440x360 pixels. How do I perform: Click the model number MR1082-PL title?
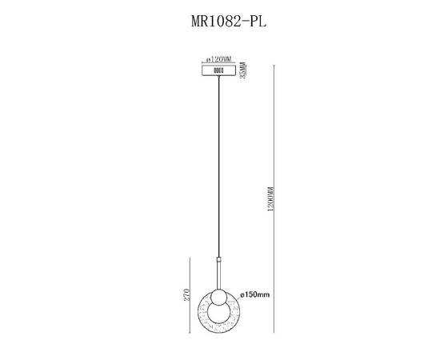(x=221, y=22)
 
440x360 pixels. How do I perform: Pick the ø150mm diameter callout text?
(x=255, y=295)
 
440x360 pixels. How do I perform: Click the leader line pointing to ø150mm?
(x=233, y=295)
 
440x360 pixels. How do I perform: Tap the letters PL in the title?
(x=255, y=22)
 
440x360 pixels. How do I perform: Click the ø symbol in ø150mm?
(x=241, y=295)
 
